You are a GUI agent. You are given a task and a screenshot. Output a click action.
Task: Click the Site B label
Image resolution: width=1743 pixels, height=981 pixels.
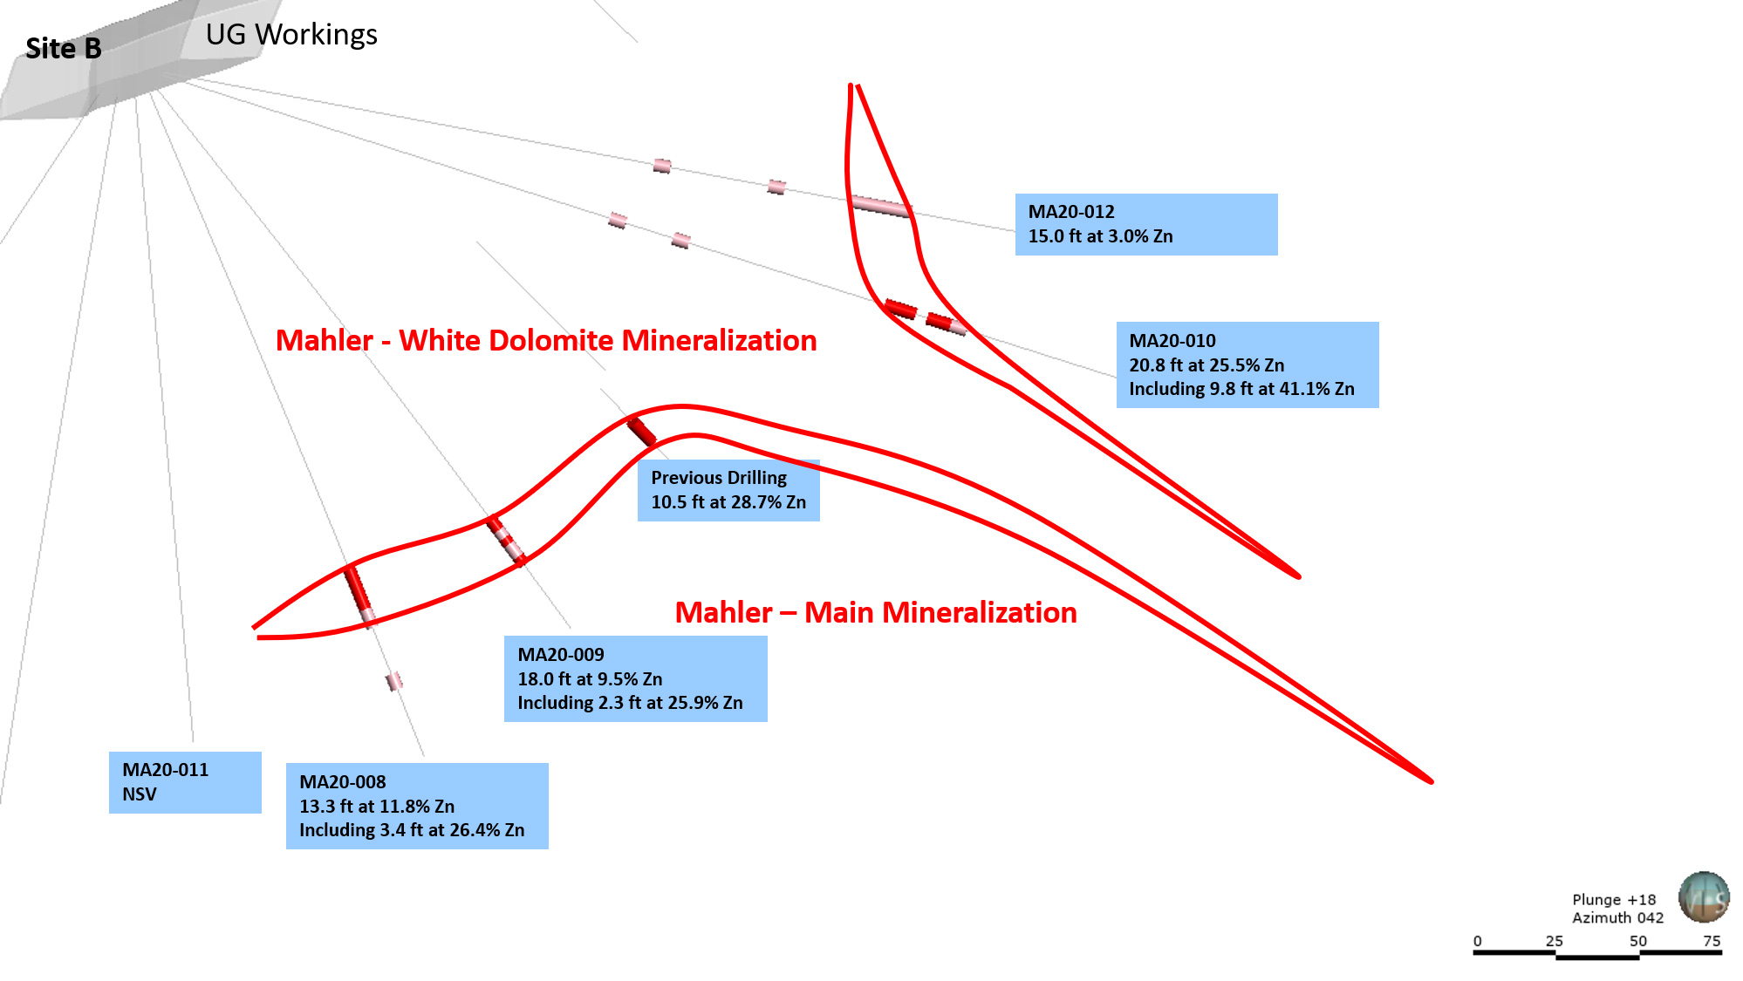(x=64, y=49)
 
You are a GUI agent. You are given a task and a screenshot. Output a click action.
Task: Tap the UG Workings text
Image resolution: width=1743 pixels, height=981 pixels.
(x=291, y=35)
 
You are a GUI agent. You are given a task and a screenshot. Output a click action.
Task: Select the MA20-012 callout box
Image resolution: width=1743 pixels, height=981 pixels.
(x=1146, y=224)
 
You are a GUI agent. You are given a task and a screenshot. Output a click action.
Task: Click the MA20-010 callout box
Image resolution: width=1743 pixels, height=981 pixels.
(x=1247, y=364)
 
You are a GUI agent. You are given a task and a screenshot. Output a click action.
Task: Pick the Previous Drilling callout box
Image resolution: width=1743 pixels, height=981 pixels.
(x=728, y=490)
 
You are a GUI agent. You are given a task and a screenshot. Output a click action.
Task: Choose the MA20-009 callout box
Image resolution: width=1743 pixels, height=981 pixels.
(x=636, y=678)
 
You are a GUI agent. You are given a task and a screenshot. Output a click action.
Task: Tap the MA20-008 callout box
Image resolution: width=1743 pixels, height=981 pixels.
(x=417, y=806)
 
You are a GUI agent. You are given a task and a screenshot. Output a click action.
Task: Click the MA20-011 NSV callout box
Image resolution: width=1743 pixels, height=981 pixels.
(x=185, y=782)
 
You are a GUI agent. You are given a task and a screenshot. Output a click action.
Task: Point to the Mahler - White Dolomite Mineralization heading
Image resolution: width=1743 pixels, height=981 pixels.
(x=546, y=340)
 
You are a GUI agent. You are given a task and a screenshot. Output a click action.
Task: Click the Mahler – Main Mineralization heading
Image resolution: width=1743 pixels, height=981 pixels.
(x=876, y=612)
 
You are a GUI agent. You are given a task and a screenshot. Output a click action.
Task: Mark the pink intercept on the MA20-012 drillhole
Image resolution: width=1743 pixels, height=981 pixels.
(x=881, y=207)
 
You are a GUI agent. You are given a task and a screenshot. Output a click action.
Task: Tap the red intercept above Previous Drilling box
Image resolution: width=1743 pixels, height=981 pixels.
(x=641, y=432)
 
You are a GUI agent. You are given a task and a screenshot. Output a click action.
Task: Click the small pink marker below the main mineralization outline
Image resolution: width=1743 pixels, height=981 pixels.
(x=394, y=680)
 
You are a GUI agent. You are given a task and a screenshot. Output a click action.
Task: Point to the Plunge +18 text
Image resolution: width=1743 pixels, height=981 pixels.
(x=1614, y=900)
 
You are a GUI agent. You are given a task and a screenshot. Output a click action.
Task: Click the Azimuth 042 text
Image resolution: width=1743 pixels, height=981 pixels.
(x=1617, y=917)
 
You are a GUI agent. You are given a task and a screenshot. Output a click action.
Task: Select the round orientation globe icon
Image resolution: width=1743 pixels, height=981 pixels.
(x=1704, y=896)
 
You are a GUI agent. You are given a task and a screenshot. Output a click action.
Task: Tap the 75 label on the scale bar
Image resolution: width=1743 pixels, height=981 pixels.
(x=1712, y=941)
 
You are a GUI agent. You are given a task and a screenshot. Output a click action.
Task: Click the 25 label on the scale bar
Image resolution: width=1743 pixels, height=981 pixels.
(x=1555, y=941)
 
